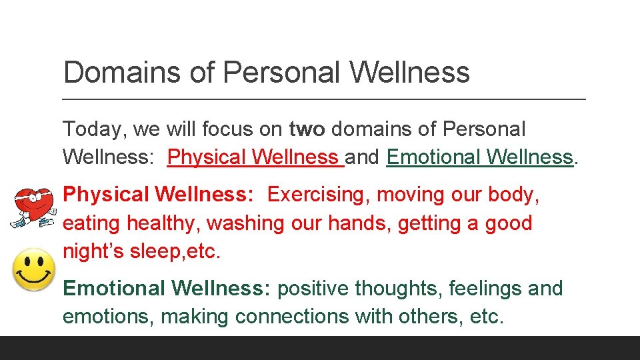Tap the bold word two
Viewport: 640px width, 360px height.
[x=307, y=129]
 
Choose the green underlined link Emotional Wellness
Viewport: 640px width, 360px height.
[x=479, y=157]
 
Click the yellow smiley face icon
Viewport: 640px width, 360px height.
[x=34, y=269]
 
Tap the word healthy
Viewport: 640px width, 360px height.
[x=150, y=223]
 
